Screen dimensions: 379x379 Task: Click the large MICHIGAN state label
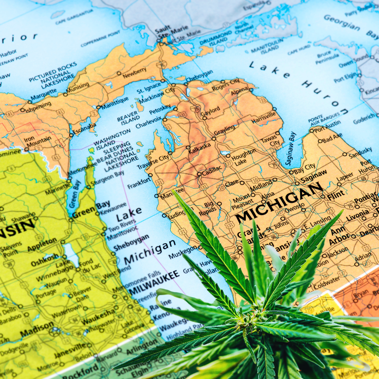pos(279,203)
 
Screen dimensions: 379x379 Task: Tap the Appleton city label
pos(42,244)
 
